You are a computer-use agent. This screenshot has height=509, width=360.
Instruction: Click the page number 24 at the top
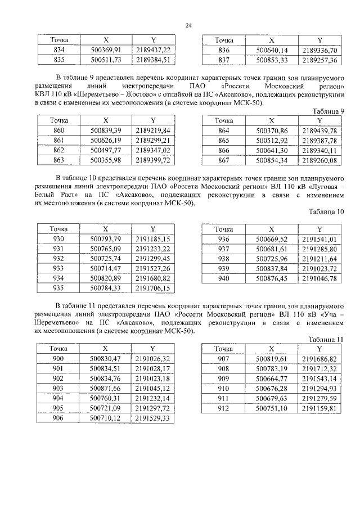(x=188, y=25)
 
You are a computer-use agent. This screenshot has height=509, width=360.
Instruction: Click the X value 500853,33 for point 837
(x=272, y=60)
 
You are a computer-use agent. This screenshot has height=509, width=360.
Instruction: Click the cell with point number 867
(x=224, y=161)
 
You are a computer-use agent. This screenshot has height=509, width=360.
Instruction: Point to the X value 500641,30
(x=272, y=151)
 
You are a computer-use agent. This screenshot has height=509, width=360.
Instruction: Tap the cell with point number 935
(x=58, y=289)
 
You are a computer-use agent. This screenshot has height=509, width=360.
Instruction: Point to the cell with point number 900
(x=58, y=358)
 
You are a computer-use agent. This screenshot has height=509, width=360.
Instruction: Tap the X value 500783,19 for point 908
(x=272, y=368)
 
